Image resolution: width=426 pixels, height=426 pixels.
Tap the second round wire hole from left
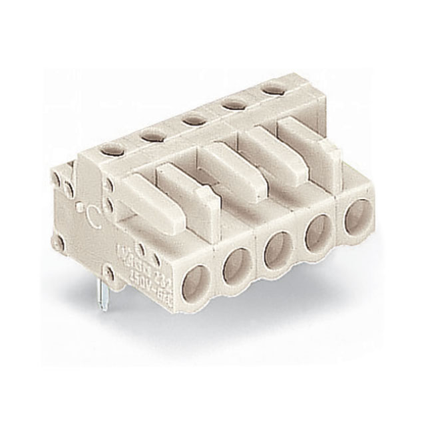pyautogui.click(x=236, y=267)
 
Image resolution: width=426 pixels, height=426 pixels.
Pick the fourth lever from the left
pyautogui.click(x=270, y=148)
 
